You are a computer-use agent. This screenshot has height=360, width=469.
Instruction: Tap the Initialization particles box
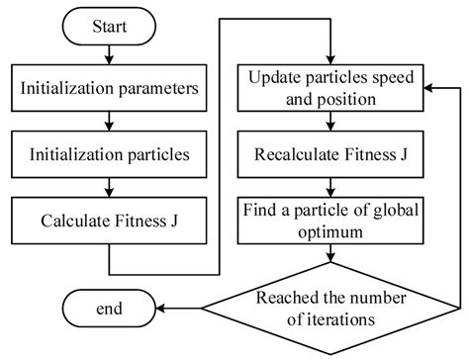pos(110,154)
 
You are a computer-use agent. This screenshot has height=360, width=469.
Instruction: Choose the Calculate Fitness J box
pos(110,220)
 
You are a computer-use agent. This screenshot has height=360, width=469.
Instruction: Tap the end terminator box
pos(110,309)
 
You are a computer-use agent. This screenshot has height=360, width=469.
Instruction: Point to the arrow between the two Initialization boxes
pos(110,123)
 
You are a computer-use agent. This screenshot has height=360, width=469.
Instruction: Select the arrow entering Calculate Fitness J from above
pos(110,188)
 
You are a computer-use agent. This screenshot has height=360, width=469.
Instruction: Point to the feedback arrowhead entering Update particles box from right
pos(427,88)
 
